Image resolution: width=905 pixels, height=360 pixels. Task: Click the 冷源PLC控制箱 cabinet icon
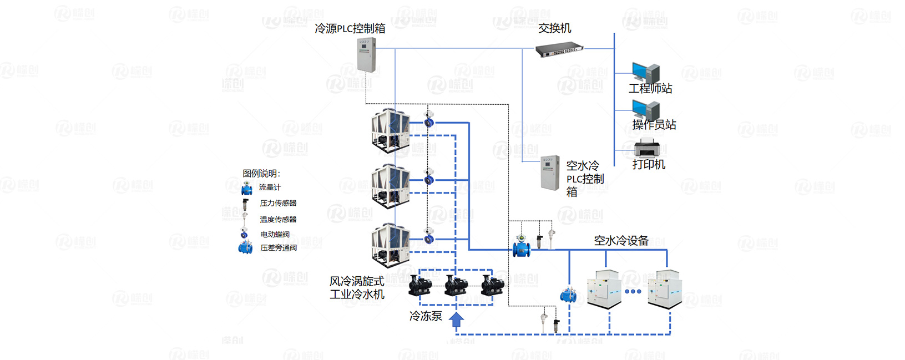pos(366,54)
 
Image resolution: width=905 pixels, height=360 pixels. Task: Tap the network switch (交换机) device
pos(559,50)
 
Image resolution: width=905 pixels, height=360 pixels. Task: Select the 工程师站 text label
pos(650,89)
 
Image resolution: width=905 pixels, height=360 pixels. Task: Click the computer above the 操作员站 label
pos(645,109)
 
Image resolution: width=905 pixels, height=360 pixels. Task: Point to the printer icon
pos(647,149)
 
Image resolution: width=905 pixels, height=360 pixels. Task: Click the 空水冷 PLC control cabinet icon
pos(550,173)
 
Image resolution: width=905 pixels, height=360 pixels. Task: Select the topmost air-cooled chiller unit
pos(391,130)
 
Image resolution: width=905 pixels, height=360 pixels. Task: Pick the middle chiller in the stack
pos(391,186)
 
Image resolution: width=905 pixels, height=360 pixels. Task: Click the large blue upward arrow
pos(456,321)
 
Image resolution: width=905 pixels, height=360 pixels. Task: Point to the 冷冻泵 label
pos(426,316)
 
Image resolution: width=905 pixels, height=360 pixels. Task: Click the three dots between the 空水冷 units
pos(633,291)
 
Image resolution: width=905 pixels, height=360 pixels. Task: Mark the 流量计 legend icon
pos(246,188)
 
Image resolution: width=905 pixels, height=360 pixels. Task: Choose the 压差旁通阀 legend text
pos(279,248)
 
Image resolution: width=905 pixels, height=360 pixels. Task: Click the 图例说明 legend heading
pos(261,174)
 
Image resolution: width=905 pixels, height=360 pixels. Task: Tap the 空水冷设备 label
pos(621,241)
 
